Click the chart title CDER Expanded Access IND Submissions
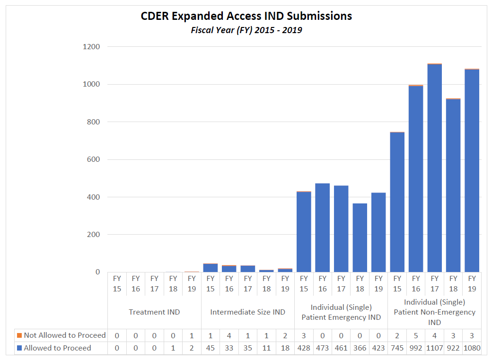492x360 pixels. point(246,16)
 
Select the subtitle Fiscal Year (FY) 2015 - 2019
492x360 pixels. point(246,30)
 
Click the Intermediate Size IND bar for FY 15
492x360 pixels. point(210,268)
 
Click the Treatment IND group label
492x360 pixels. point(154,312)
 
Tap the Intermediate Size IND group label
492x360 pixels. point(247,312)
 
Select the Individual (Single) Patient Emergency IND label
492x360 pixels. point(341,312)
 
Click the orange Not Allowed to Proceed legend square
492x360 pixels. point(19,335)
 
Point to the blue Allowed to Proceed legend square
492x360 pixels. point(19,348)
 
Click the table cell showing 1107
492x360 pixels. point(434,348)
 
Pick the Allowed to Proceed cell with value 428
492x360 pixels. point(304,348)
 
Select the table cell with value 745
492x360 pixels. point(397,348)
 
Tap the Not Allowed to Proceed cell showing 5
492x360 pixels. point(416,335)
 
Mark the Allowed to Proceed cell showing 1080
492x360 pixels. point(472,348)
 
